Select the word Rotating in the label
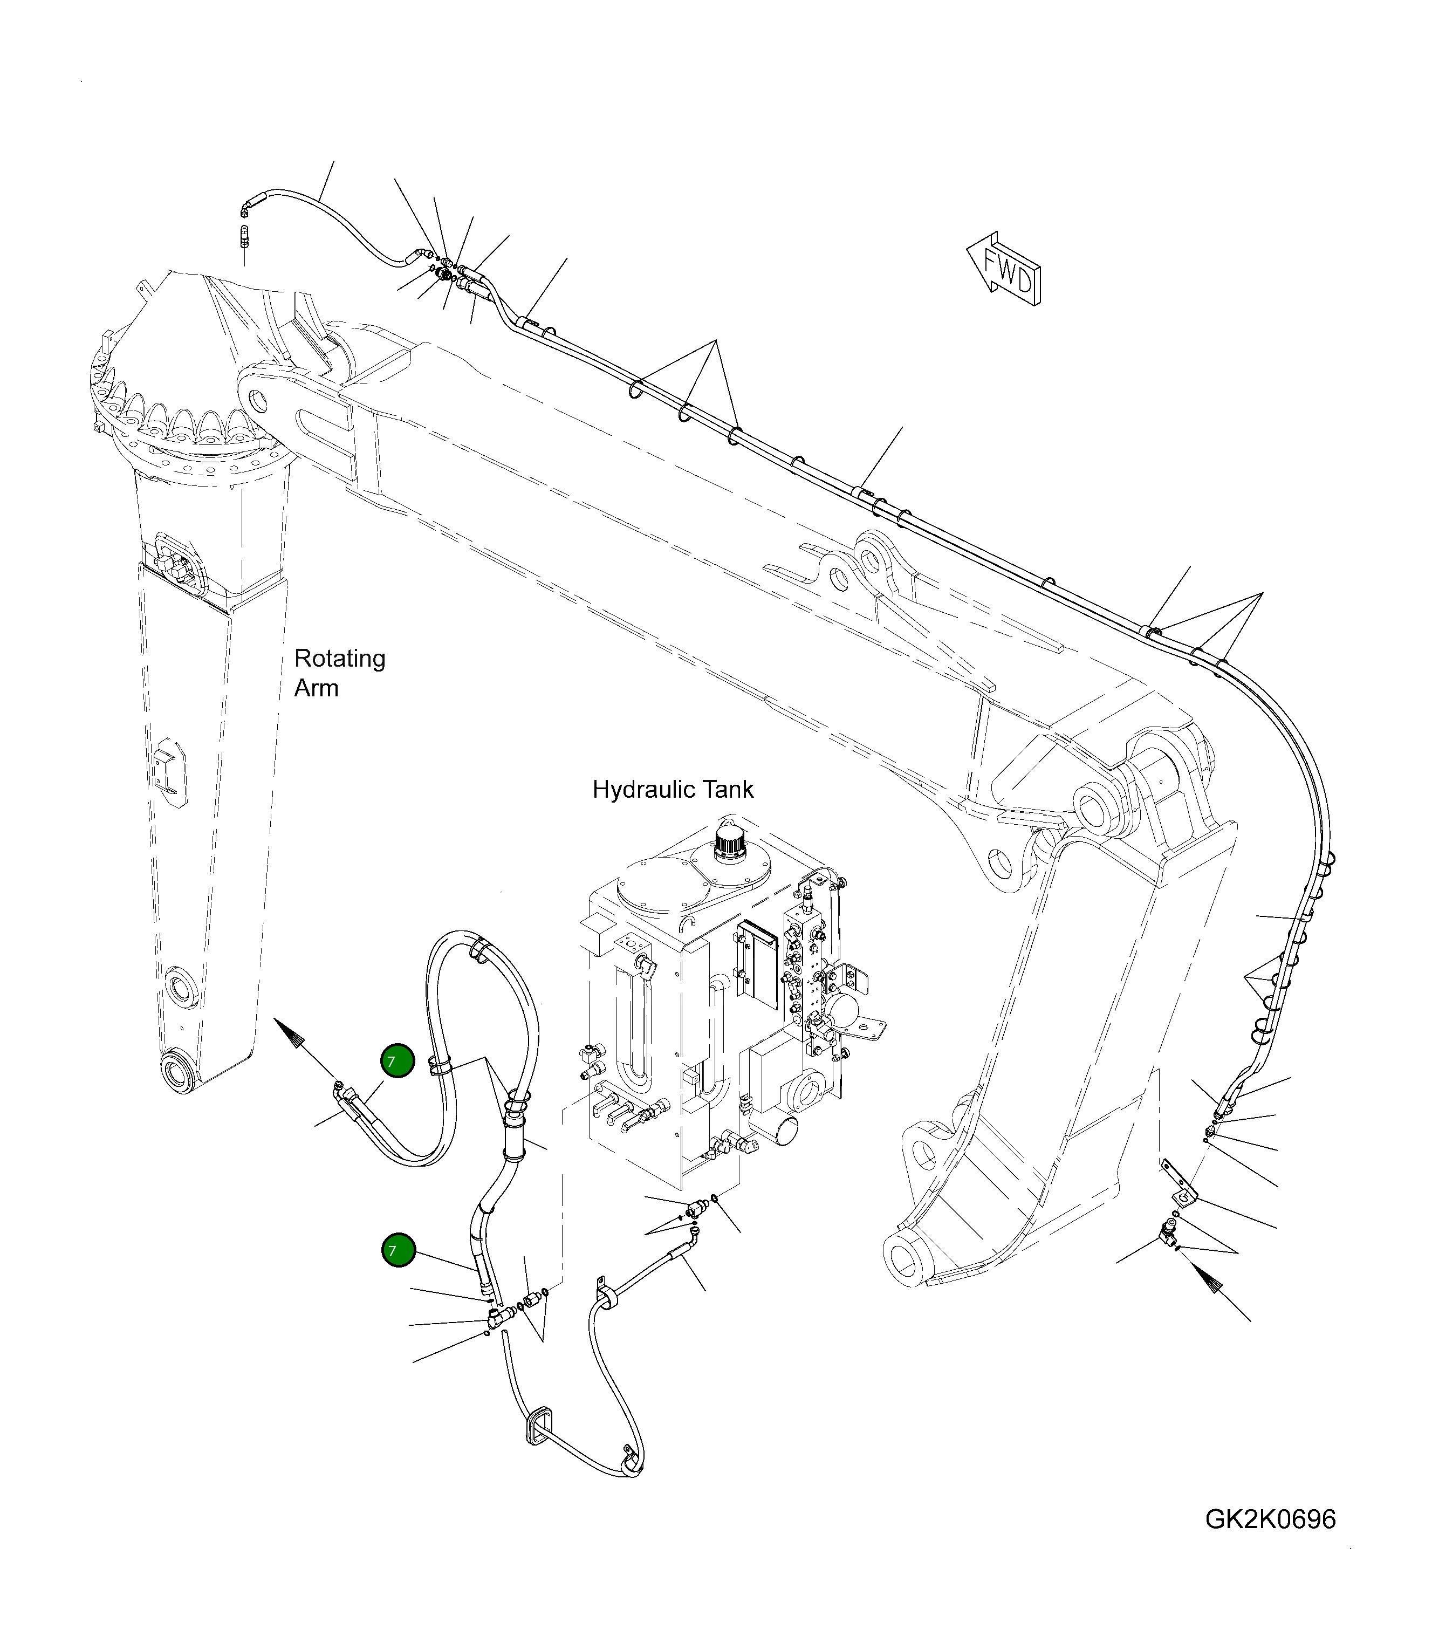pyautogui.click(x=340, y=658)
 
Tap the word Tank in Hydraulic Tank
pyautogui.click(x=728, y=790)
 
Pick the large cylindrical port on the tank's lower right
pyautogui.click(x=780, y=1131)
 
